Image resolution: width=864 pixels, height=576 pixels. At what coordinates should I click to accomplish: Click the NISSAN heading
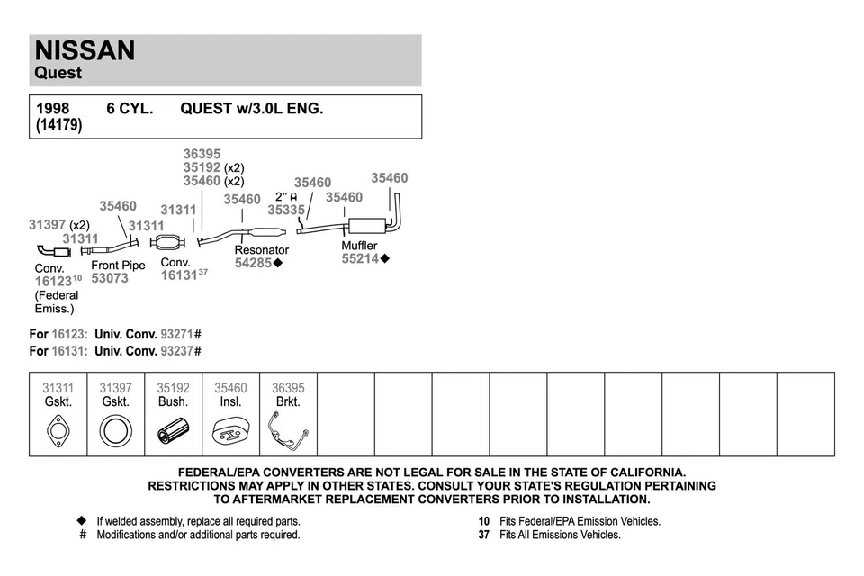[x=85, y=50]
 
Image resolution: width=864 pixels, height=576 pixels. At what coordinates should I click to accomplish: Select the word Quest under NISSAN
[x=58, y=73]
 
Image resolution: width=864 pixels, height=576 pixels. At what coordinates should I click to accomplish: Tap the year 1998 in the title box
[x=52, y=109]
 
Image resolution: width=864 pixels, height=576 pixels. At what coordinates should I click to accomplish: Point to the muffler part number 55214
[x=360, y=259]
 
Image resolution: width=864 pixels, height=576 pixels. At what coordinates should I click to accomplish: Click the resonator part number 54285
[x=253, y=263]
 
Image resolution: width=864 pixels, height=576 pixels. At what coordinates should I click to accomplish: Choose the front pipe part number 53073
[x=110, y=279]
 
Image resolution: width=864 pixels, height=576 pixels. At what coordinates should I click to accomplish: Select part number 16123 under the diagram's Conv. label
[x=52, y=281]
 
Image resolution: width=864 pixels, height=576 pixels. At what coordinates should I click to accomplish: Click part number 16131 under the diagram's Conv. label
[x=178, y=276]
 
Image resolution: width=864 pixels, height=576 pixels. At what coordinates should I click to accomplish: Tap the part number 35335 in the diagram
[x=286, y=210]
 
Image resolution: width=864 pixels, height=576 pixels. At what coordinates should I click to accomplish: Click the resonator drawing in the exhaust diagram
[x=267, y=234]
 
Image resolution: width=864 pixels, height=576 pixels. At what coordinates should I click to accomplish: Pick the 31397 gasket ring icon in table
[x=115, y=432]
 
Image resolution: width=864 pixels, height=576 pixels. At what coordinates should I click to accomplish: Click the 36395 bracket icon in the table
[x=288, y=433]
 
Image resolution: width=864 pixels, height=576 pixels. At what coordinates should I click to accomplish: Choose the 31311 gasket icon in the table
[x=58, y=432]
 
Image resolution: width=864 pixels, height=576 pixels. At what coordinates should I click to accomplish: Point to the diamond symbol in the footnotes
[x=81, y=521]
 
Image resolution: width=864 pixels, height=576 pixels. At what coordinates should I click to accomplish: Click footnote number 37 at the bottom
[x=483, y=535]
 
